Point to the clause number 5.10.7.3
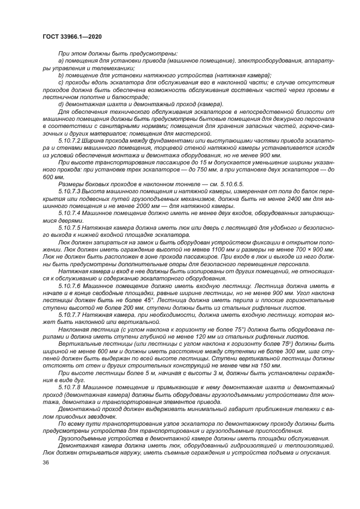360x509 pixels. tap(69, 192)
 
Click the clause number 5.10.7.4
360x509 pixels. tap(69, 213)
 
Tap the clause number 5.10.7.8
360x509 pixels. tap(69, 387)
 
